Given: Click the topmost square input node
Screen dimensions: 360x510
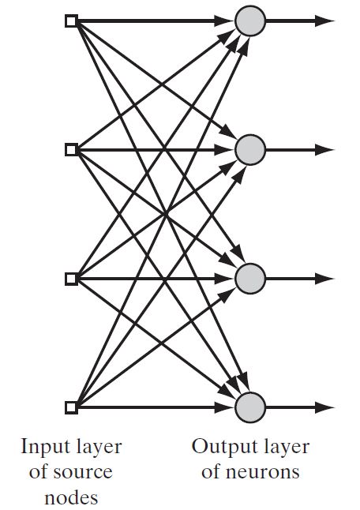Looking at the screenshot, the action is click(x=71, y=21).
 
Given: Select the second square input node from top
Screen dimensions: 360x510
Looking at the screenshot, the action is click(x=71, y=150).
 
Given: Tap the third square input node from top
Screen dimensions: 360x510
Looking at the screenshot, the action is click(x=71, y=279).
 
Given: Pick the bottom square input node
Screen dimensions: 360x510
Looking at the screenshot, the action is click(x=71, y=407).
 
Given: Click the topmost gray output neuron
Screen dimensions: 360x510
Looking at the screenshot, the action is click(x=250, y=21).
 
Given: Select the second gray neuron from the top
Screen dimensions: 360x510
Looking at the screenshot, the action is click(x=250, y=150).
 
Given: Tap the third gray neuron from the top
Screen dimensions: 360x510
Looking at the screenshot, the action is click(x=250, y=279).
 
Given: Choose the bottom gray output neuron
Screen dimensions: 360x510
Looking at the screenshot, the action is click(x=250, y=407).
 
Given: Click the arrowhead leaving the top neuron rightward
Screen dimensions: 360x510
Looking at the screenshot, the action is click(x=324, y=21).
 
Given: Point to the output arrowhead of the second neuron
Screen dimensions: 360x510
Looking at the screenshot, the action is click(x=324, y=150).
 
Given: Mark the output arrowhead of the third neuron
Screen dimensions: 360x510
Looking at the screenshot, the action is click(x=324, y=279).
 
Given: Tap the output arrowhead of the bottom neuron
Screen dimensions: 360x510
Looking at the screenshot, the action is click(x=324, y=407).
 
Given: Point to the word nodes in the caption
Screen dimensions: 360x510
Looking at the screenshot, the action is click(x=71, y=497).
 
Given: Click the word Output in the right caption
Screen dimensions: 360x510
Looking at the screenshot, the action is click(x=220, y=448).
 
